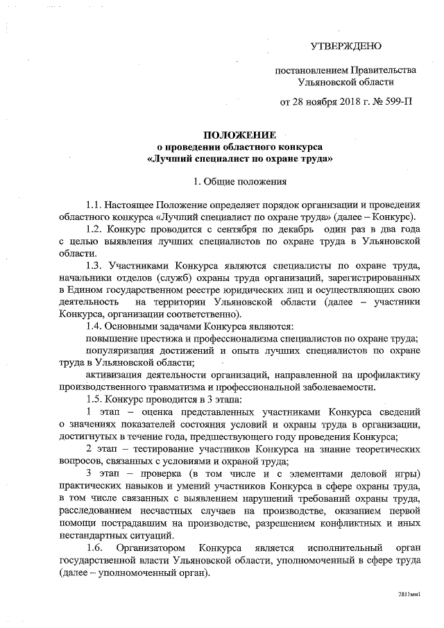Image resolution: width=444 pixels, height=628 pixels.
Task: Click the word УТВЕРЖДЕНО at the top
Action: (x=345, y=46)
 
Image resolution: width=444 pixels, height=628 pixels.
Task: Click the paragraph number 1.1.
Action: (x=93, y=205)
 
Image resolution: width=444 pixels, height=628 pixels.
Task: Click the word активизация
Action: (x=113, y=375)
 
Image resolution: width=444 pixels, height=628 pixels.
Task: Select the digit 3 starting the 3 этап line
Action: (x=82, y=473)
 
